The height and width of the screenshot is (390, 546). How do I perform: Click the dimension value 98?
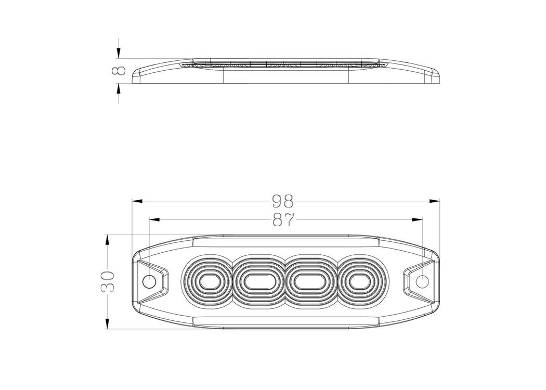pos(283,201)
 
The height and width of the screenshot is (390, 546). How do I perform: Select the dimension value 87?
pos(283,220)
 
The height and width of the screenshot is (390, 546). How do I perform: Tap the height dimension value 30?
pos(109,281)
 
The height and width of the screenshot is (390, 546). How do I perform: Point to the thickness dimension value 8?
pos(119,71)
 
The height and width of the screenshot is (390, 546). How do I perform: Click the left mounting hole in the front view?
pos(150,281)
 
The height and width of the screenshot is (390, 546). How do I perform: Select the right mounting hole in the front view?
pos(422,281)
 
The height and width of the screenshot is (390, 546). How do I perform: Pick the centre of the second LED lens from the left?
pos(259,281)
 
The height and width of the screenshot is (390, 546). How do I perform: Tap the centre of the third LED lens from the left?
pos(310,281)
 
